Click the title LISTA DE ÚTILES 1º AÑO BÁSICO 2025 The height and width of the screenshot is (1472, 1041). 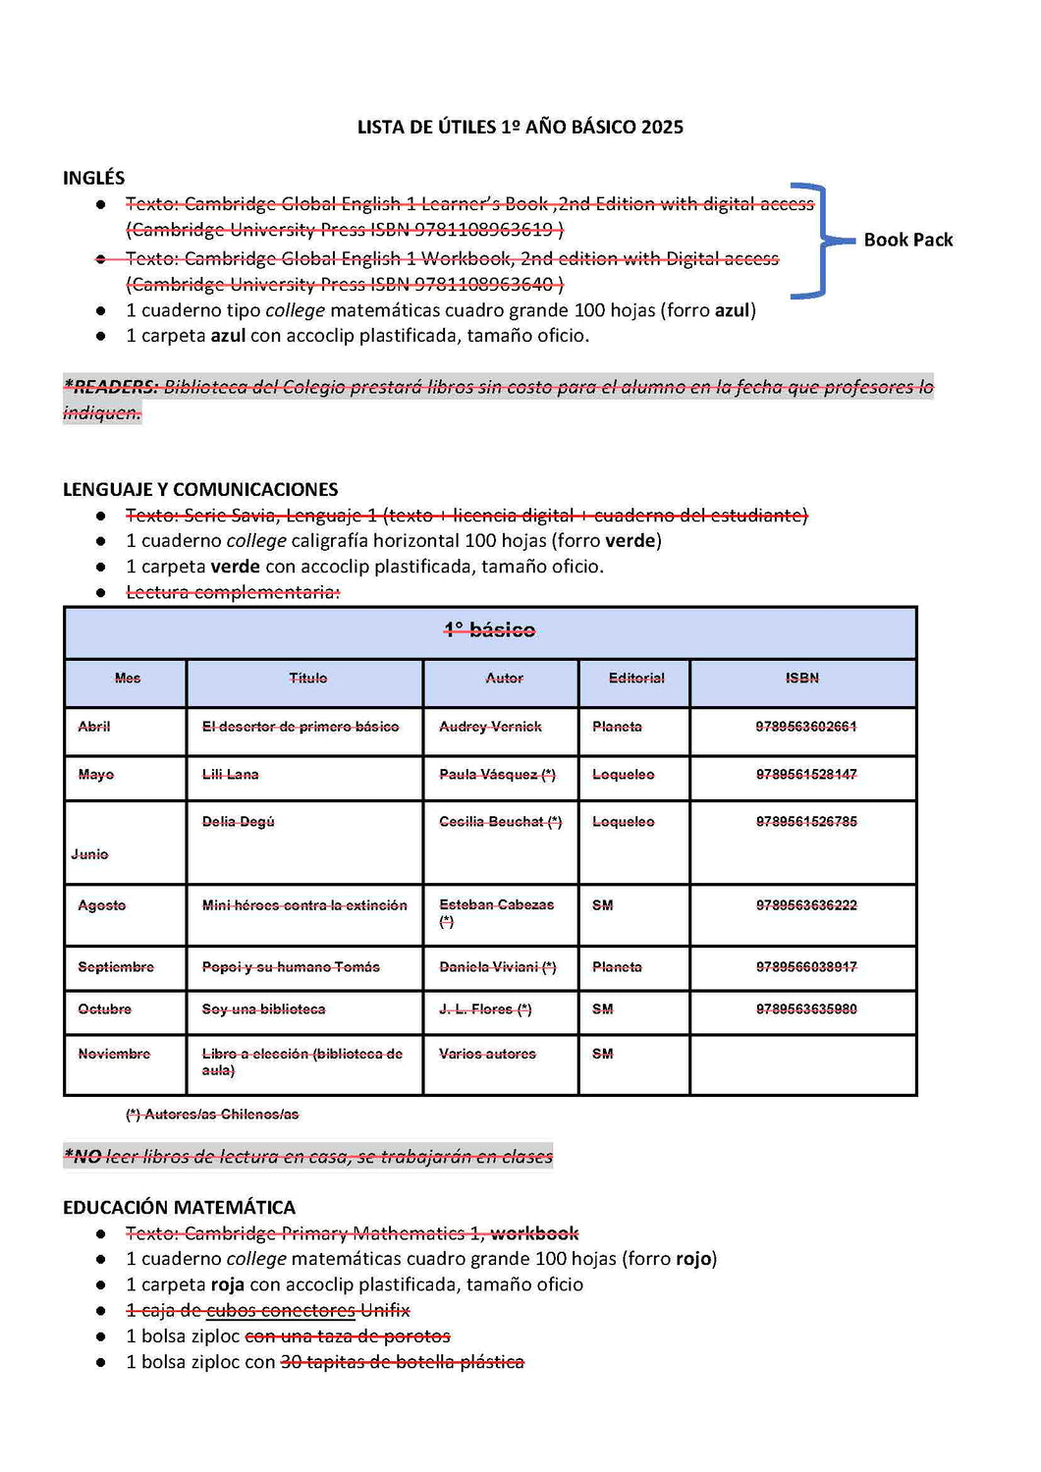tap(520, 127)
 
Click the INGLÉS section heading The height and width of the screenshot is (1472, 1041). tap(93, 178)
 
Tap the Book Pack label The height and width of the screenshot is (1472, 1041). tap(907, 240)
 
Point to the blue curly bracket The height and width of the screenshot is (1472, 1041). tap(814, 240)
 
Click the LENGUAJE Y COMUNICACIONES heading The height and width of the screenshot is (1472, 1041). tap(200, 489)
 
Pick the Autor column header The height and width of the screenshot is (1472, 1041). tap(504, 678)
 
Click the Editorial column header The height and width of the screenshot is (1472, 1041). tap(636, 678)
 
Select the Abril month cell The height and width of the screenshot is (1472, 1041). tap(94, 727)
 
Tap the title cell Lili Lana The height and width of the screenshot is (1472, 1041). tap(230, 775)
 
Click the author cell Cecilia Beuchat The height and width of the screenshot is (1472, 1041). tap(500, 822)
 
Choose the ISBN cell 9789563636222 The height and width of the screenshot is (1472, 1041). tap(806, 905)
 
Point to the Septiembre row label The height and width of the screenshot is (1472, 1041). tap(116, 967)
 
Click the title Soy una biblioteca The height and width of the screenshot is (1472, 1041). tap(263, 1009)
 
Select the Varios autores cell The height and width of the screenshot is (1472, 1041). tap(487, 1054)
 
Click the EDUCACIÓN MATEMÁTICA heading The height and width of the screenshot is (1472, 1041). tap(179, 1207)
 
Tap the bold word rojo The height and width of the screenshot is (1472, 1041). tap(693, 1259)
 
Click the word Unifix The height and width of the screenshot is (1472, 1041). tap(385, 1310)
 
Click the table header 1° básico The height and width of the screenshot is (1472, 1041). tap(489, 630)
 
